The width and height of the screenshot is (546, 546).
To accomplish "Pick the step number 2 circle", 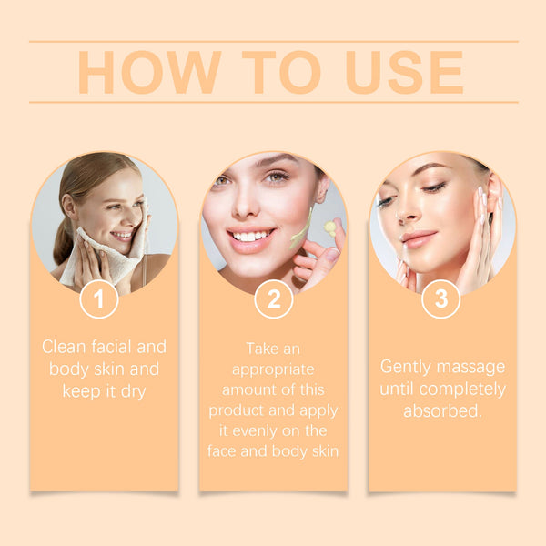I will coord(273,299).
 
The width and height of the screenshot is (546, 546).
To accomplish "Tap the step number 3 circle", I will coord(440,299).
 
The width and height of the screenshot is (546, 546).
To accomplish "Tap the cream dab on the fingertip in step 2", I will coord(329,227).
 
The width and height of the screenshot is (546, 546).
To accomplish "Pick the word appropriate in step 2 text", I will coord(273,369).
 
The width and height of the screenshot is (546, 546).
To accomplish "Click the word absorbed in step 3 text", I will coord(440,410).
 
